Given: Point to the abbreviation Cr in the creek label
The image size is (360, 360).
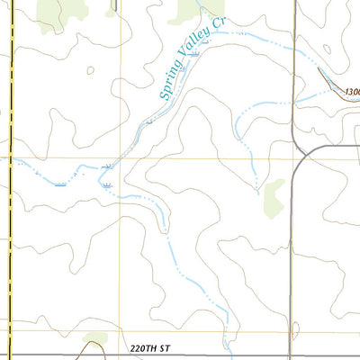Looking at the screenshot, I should (217, 23).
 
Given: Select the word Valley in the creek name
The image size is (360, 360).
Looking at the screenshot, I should (195, 50).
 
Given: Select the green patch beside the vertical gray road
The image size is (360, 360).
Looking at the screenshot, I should (273, 197).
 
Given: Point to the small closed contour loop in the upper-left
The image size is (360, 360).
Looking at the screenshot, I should (91, 68).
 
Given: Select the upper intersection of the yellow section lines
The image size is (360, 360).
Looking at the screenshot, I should (121, 157).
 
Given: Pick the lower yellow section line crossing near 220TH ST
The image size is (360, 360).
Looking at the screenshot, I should (121, 331).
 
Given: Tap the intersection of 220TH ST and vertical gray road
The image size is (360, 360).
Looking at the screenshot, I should (294, 355).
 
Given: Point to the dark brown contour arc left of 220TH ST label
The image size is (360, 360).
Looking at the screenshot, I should (93, 340).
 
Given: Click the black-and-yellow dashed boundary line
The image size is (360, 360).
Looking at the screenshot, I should (10, 180).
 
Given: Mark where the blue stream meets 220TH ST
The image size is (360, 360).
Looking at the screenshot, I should (230, 355).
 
